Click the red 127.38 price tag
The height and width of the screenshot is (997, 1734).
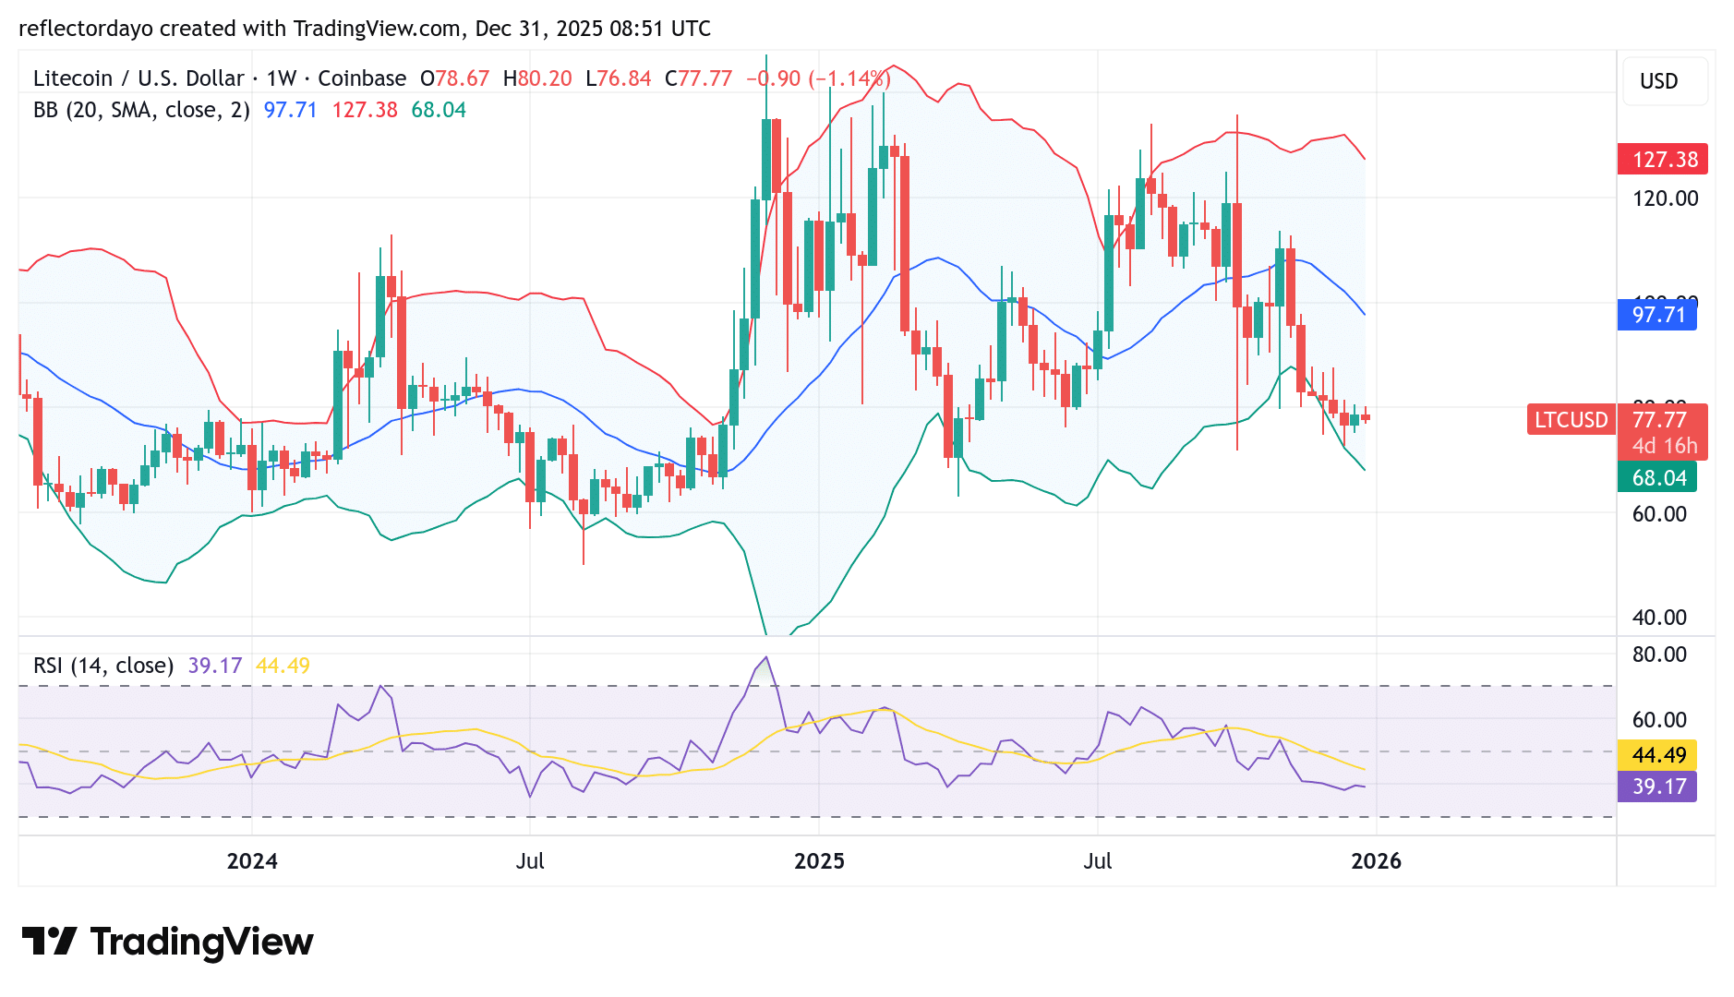click(1662, 160)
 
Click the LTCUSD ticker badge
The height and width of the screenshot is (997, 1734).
click(1571, 420)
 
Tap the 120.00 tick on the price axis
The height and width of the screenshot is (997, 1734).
click(1665, 198)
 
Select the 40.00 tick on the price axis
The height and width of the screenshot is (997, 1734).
click(1659, 618)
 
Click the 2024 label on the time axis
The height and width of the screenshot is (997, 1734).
click(252, 861)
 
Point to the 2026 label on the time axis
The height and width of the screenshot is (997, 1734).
click(1376, 861)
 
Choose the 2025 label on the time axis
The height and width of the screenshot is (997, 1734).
click(819, 861)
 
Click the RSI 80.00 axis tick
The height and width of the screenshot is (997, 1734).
click(1659, 655)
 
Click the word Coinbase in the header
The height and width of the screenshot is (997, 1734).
click(362, 78)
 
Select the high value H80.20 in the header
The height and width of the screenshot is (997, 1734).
click(537, 78)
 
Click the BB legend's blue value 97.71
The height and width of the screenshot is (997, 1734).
click(290, 110)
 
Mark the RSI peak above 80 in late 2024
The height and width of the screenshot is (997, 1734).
click(765, 658)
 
